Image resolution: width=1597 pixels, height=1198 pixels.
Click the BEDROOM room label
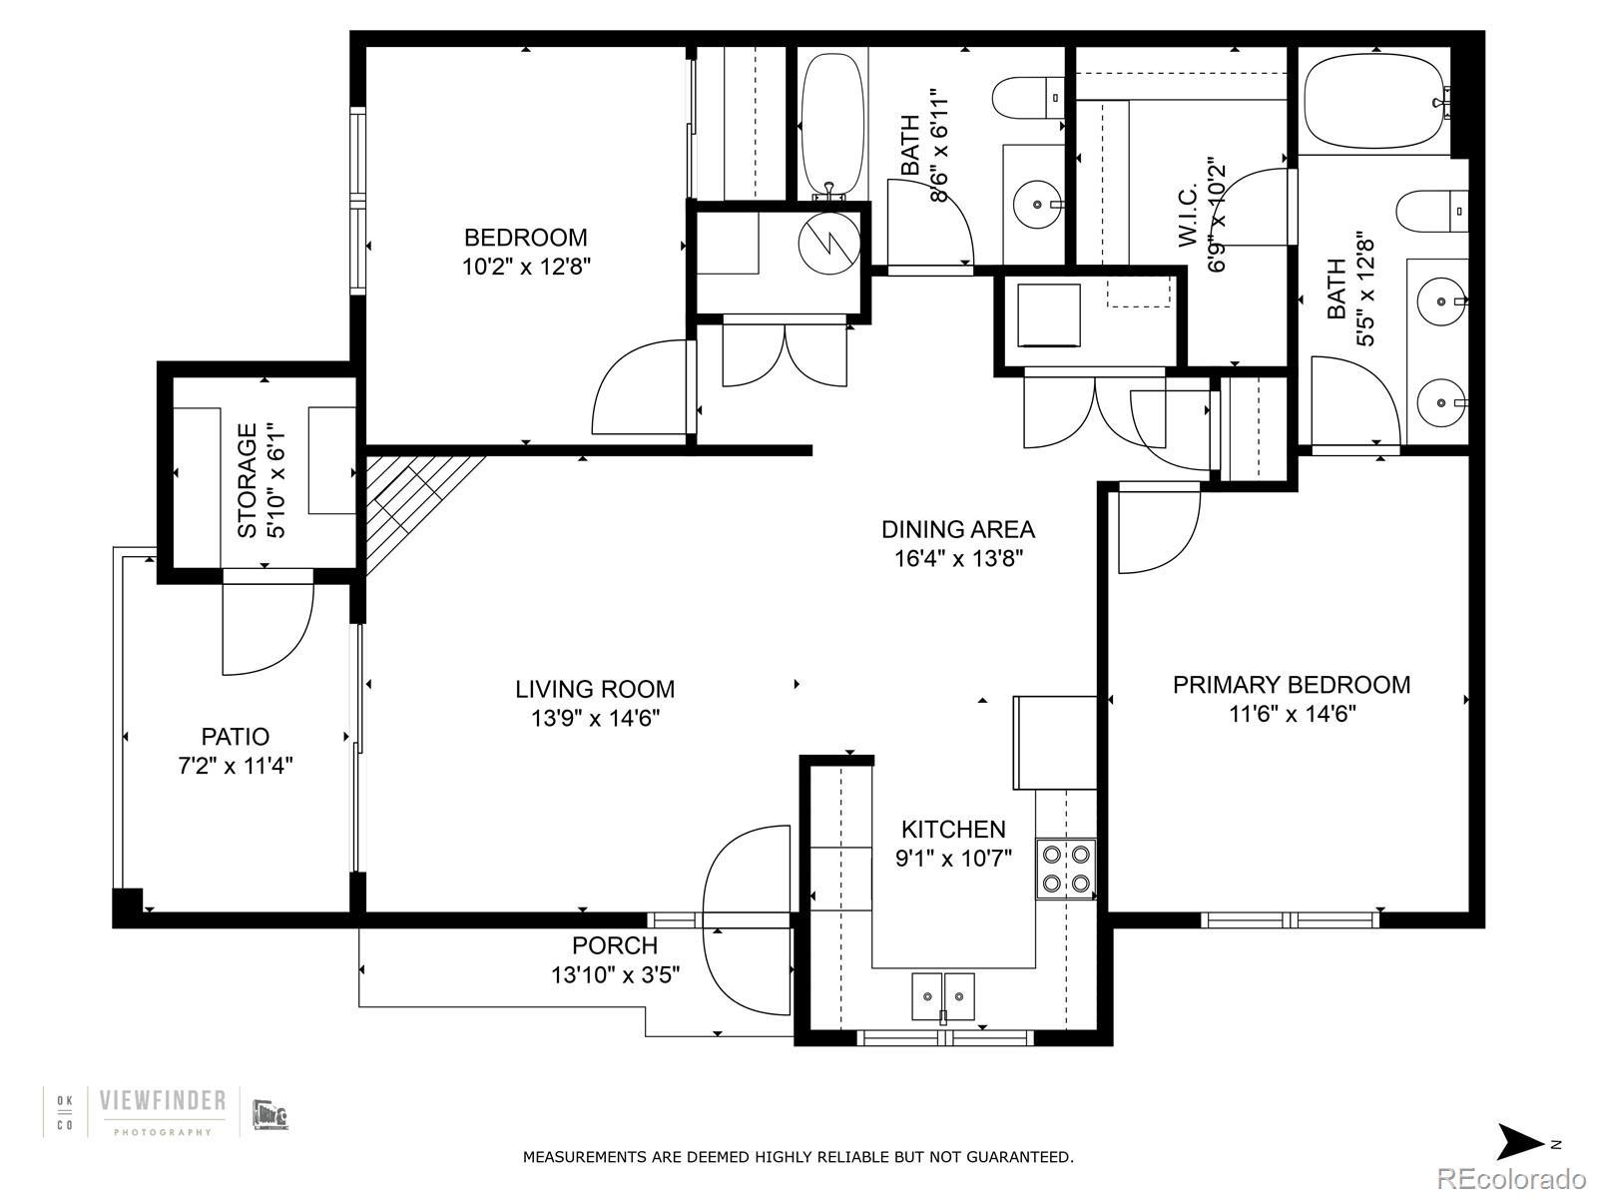tap(525, 238)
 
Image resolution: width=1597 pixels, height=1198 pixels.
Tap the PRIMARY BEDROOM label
tap(1292, 685)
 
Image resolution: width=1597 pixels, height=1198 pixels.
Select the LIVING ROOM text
tap(595, 689)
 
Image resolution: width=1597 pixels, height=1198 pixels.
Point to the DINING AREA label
tap(958, 529)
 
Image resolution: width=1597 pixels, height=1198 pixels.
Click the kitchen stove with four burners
tap(1066, 868)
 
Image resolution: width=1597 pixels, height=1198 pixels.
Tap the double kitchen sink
tap(943, 995)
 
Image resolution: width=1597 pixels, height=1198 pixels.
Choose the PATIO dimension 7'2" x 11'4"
tap(236, 765)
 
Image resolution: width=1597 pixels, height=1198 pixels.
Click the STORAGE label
tap(248, 481)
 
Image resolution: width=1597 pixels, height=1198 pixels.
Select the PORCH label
tap(615, 944)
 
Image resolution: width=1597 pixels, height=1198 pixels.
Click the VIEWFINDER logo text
tap(163, 1100)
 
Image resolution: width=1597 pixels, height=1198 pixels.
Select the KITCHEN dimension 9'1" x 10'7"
tap(953, 859)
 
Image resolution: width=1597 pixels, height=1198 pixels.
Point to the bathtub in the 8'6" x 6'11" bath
tap(833, 126)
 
